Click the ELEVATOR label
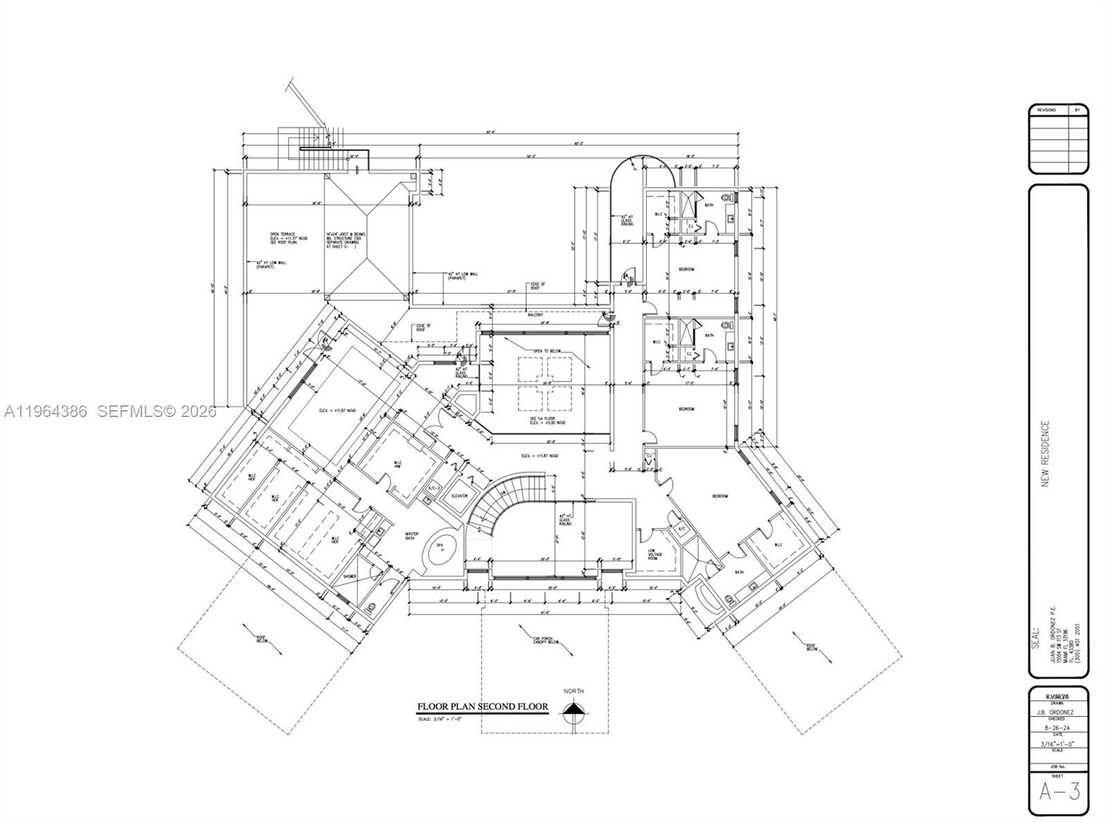click(460, 496)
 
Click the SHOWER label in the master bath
click(350, 576)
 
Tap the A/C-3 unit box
click(434, 489)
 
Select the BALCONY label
click(535, 315)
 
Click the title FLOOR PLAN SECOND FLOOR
click(482, 707)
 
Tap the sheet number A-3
click(1059, 791)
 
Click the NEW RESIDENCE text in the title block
click(1046, 454)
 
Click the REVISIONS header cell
click(1047, 110)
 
